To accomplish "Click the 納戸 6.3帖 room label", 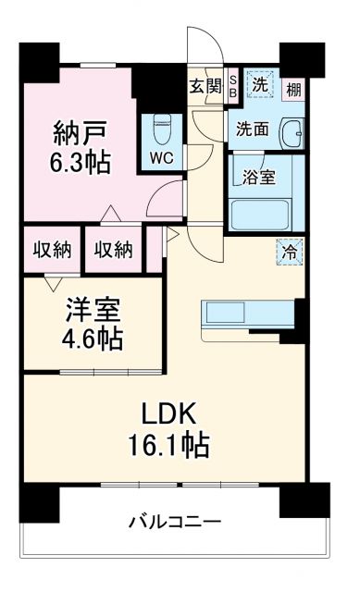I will point(81,148).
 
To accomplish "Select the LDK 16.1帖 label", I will point(168,430).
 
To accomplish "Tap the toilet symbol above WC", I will point(163,126).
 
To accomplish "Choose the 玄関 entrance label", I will point(205,87).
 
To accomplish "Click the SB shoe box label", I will point(232,87).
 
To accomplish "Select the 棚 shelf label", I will point(293,89).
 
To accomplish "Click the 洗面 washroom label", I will point(252,129).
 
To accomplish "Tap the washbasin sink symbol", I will point(292,131).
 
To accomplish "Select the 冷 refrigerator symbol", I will point(289,250).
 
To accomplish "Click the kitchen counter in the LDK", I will point(244,314).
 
